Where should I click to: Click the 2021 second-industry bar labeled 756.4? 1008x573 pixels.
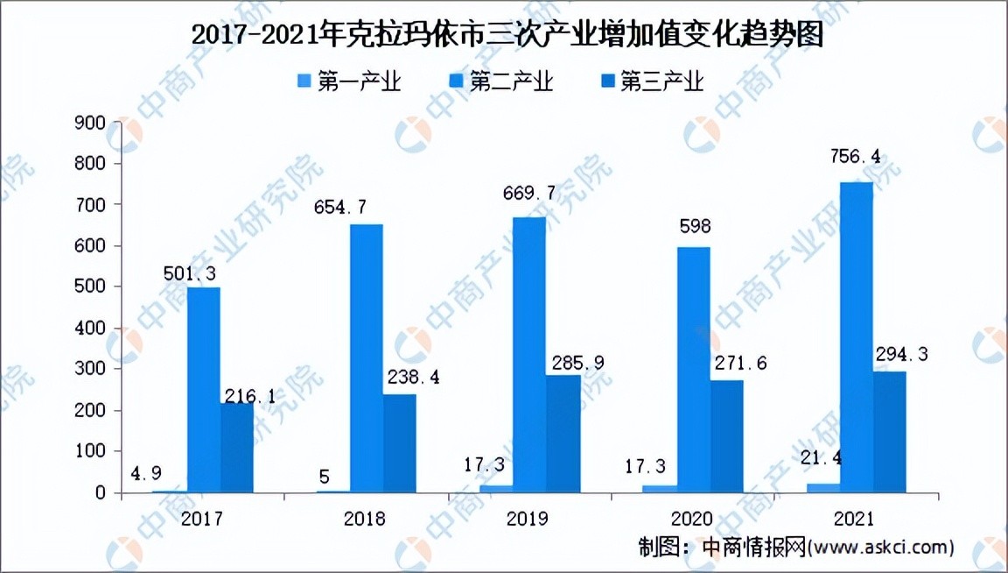click(855, 337)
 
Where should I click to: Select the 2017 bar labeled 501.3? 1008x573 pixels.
click(203, 390)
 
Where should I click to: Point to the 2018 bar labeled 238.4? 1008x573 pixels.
click(399, 443)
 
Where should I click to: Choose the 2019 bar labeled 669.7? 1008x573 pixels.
click(528, 355)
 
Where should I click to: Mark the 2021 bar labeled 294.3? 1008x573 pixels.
click(888, 432)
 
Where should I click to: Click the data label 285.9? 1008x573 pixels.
click(572, 361)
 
